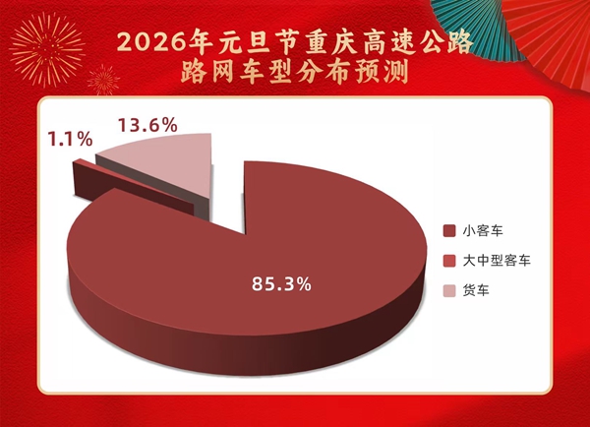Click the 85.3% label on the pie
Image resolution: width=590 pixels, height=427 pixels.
click(x=281, y=284)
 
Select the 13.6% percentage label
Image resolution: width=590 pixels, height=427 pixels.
click(x=147, y=125)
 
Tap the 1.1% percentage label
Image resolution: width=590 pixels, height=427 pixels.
click(x=71, y=140)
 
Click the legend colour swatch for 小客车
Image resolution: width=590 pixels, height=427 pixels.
click(x=449, y=231)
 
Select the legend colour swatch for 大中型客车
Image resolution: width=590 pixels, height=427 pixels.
click(x=449, y=261)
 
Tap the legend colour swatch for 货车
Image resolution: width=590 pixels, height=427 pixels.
click(x=449, y=290)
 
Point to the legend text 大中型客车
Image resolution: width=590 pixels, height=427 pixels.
click(x=497, y=261)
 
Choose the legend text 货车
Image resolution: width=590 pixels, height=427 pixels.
click(x=476, y=290)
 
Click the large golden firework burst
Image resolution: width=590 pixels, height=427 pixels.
click(x=47, y=50)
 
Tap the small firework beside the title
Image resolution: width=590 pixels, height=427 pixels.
click(x=103, y=80)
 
